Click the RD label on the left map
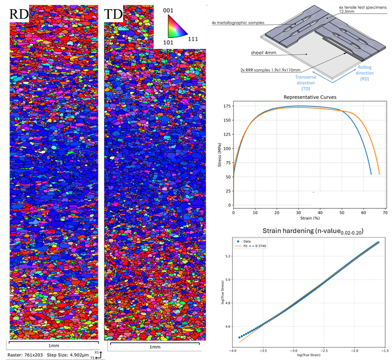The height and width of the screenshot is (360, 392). coord(19,15)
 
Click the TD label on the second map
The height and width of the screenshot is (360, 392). coord(113,15)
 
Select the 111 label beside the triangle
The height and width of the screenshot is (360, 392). coord(193,39)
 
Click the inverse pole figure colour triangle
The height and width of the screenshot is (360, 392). coord(175,26)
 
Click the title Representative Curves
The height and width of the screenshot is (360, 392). coord(307,97)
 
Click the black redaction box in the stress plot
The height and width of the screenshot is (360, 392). coord(348,199)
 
